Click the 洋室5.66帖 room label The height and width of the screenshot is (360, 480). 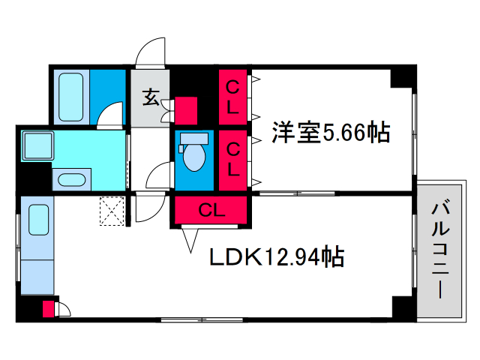[x=331, y=133]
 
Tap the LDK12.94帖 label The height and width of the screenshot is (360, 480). [x=277, y=256]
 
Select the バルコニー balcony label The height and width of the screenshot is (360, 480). [x=440, y=249]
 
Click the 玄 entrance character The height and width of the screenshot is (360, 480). [x=151, y=97]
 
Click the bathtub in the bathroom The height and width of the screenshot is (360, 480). [x=71, y=97]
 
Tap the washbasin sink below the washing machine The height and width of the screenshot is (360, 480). [x=72, y=180]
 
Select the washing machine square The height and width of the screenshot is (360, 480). [x=37, y=145]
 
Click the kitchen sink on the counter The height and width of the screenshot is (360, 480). [x=38, y=220]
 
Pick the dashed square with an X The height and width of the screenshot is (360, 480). [x=112, y=211]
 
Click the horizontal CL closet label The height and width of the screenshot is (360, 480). [x=211, y=210]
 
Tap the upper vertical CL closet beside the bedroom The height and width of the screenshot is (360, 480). [x=232, y=97]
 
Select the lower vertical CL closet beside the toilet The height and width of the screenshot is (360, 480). [x=232, y=160]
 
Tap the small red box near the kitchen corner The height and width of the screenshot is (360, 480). [x=48, y=309]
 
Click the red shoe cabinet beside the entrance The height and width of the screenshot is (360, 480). [x=186, y=110]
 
